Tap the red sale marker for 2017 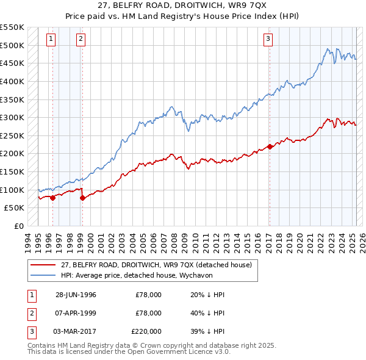[x=270, y=146]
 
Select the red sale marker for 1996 [x=52, y=198]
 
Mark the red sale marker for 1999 [x=82, y=198]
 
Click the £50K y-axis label [x=15, y=208]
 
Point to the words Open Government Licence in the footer [x=182, y=352]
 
